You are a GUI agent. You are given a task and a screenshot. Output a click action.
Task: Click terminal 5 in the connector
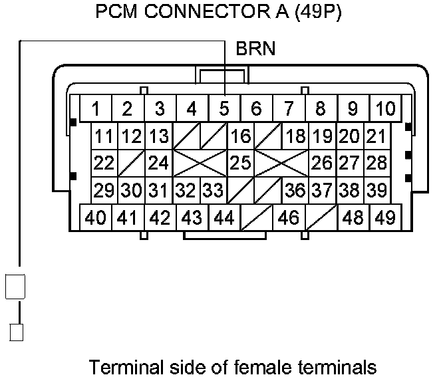224,108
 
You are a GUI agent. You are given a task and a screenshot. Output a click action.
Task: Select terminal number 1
96,108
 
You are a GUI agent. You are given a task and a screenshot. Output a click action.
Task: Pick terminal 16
239,137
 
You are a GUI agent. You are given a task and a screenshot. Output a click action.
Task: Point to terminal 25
239,162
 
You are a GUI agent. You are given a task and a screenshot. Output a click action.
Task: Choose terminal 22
104,162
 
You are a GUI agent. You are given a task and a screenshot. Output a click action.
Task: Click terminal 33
212,191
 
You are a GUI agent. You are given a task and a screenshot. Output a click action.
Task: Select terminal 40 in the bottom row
96,217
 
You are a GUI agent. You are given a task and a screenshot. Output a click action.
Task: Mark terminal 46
288,217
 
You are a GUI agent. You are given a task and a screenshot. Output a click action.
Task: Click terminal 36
295,191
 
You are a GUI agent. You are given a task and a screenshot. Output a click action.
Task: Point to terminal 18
295,137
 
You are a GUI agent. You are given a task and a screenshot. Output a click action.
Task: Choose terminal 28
376,162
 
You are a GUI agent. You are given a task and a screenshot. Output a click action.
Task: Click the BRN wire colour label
255,49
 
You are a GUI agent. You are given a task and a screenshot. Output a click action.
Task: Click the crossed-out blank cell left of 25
200,162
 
